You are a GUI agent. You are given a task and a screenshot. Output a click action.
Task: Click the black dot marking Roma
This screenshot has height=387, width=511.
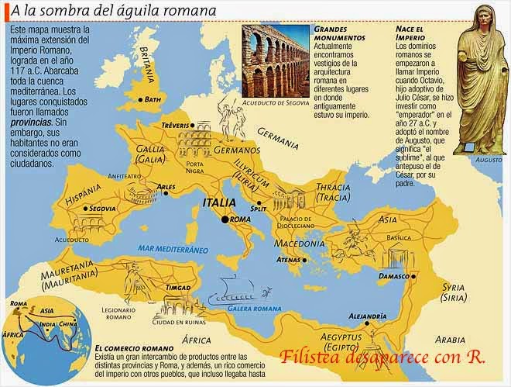pos(225,219)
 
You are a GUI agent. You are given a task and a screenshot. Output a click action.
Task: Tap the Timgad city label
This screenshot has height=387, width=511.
pos(177,287)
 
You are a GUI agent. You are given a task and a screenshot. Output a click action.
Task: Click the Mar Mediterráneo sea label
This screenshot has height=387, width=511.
pos(151,250)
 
